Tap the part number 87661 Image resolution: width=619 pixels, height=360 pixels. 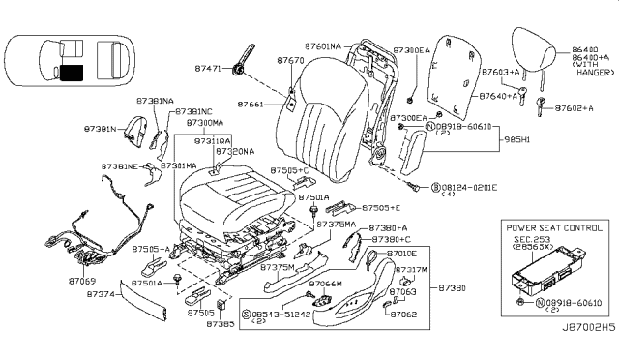tap(250, 104)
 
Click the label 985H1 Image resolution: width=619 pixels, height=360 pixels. tap(520, 138)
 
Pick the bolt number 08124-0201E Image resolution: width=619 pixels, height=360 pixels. tap(466, 187)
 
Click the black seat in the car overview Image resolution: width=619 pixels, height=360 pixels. tap(71, 70)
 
